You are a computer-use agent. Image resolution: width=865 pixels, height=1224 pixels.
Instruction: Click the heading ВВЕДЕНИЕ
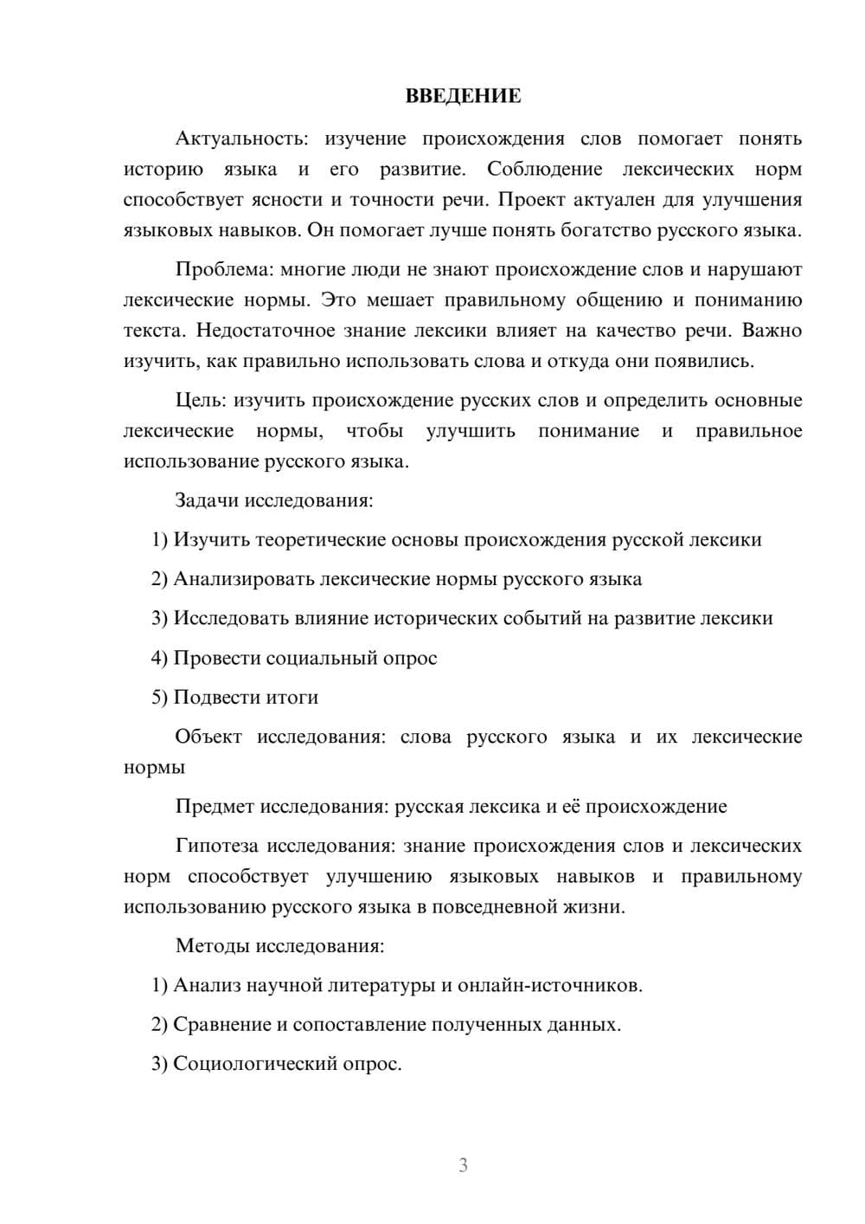coord(463,96)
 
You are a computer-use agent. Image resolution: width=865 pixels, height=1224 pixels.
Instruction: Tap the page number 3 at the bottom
coord(463,1165)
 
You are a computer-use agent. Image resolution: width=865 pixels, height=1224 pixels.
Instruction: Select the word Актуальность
coord(240,139)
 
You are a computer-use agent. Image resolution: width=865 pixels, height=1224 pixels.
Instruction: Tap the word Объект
coord(208,737)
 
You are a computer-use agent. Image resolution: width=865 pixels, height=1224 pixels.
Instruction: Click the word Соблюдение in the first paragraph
coord(544,169)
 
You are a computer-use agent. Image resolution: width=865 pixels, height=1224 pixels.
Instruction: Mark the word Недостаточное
coord(259,331)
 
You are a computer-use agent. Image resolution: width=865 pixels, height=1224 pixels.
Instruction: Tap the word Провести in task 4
coord(216,658)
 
